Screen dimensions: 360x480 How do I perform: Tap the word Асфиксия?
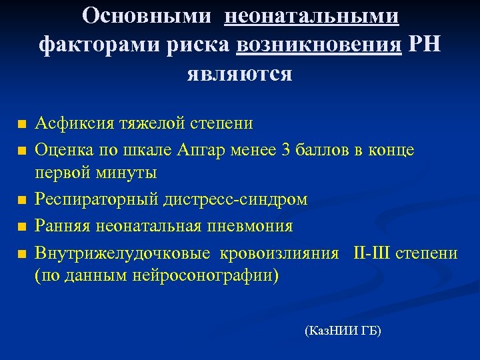74,123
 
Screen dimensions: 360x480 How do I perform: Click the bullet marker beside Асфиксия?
22,125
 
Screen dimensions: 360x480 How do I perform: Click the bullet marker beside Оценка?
22,152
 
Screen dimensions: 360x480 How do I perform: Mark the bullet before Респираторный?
22,200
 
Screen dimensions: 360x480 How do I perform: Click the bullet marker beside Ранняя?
22,227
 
